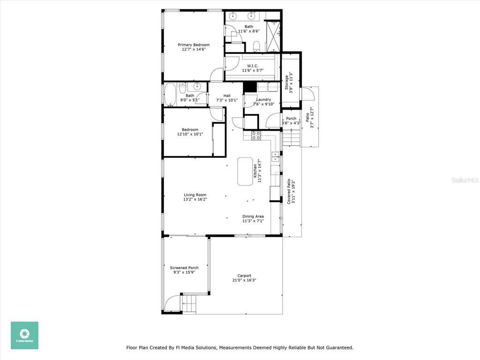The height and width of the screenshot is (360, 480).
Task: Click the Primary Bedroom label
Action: point(194,45)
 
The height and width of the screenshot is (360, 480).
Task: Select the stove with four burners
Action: point(256,135)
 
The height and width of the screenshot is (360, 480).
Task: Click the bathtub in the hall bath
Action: point(170,94)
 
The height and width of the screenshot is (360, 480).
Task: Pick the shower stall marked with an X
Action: point(272,36)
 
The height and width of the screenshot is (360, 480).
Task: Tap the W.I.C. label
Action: point(253,66)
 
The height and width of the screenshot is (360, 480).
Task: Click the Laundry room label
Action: point(263,99)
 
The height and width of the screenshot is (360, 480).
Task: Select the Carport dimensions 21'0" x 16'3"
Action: point(244,280)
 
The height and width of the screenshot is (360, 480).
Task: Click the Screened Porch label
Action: point(184,268)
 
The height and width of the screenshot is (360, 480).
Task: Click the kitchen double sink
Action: point(276,156)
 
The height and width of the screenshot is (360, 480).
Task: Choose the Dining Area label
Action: point(253,217)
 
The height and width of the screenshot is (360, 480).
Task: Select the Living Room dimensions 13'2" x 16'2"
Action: point(195,199)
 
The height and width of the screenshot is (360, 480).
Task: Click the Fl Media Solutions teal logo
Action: point(25,335)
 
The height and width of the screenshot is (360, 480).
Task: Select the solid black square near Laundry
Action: point(250,87)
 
